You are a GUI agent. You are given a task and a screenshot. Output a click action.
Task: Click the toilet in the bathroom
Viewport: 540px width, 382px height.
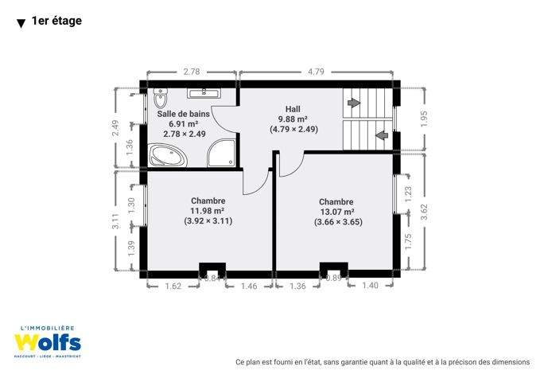160,98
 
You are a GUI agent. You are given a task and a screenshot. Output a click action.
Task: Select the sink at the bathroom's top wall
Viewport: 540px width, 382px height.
204,93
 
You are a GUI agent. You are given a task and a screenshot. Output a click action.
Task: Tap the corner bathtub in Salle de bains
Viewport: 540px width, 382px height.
168,155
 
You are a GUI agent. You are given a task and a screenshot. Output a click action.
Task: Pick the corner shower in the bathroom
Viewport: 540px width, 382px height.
222,153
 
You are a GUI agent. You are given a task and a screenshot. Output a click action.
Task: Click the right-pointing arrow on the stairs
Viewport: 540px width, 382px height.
354,103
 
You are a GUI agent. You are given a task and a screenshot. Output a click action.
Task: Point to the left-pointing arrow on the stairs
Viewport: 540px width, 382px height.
382,135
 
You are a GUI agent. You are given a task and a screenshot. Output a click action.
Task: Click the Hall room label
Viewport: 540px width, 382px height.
293,109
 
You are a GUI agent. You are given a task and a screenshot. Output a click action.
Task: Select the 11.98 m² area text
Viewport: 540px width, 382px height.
208,211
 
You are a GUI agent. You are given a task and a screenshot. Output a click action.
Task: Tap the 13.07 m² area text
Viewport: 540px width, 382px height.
337,212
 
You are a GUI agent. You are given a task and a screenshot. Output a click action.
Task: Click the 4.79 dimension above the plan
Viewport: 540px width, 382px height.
316,72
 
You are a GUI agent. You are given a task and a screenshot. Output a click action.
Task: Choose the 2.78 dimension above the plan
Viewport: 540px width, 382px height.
192,72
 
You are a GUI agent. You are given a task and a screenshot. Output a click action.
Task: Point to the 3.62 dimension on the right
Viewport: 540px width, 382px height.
424,212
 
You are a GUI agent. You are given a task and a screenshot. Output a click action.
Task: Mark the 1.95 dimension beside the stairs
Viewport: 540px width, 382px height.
424,119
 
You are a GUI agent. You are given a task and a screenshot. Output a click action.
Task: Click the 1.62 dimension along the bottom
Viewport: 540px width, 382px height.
173,286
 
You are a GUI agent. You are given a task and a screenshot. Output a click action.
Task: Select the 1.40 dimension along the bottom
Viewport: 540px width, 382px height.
371,286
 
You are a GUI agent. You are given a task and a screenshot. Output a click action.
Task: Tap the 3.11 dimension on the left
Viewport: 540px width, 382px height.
115,221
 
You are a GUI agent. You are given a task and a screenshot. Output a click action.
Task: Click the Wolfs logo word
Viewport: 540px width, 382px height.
48,343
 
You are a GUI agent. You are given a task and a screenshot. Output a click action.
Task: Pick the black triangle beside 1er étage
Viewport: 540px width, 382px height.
21,23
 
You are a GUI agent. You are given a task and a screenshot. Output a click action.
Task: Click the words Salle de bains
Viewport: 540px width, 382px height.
183,114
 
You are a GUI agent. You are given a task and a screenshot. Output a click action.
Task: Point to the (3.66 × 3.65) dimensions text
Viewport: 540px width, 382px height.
338,222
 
